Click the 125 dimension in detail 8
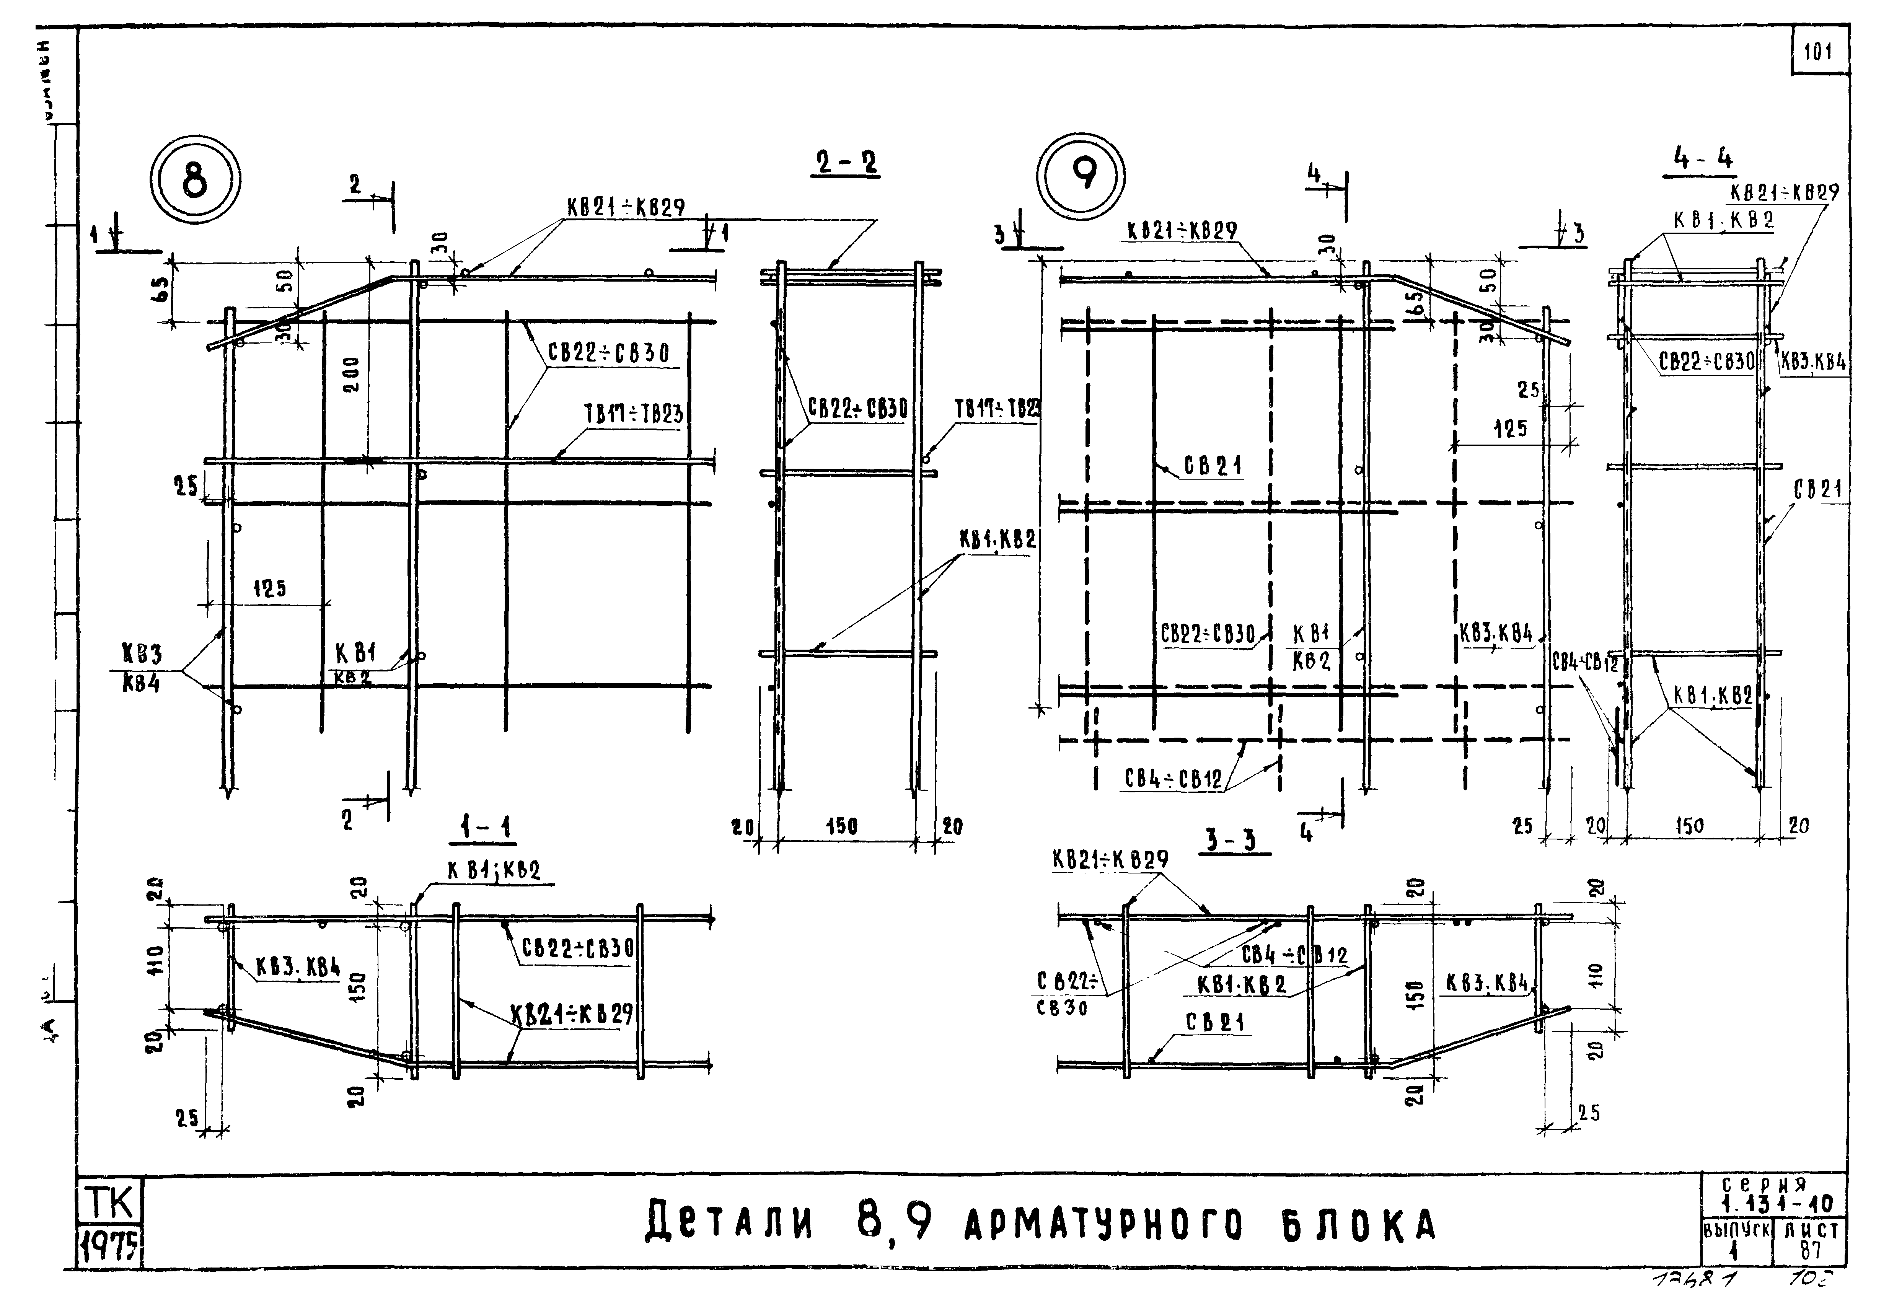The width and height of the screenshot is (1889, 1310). click(269, 588)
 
